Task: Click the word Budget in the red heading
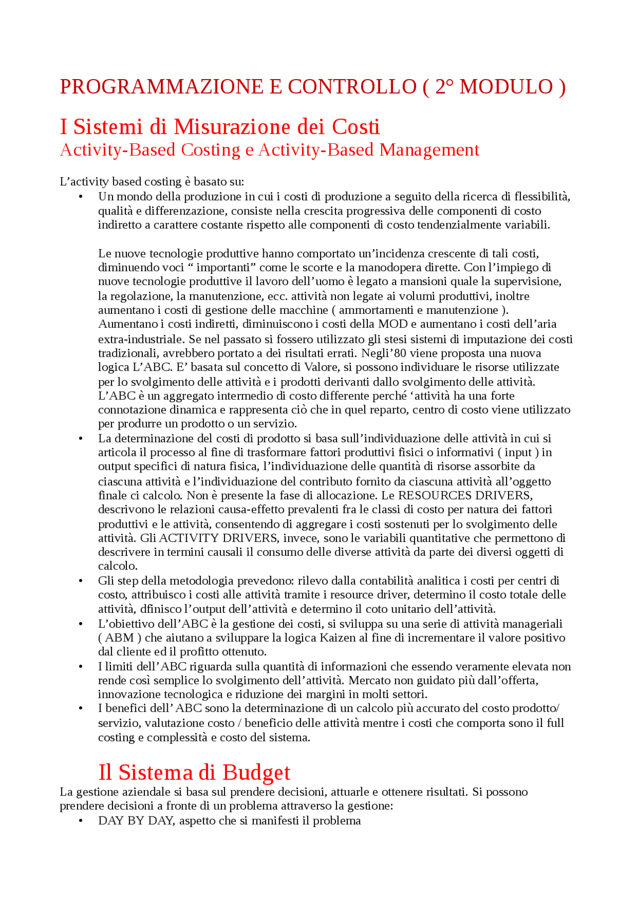point(256,772)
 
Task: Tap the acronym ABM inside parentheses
point(119,638)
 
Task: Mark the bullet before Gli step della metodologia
point(81,581)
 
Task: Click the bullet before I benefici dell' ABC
point(81,708)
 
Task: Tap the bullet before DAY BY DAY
point(81,821)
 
